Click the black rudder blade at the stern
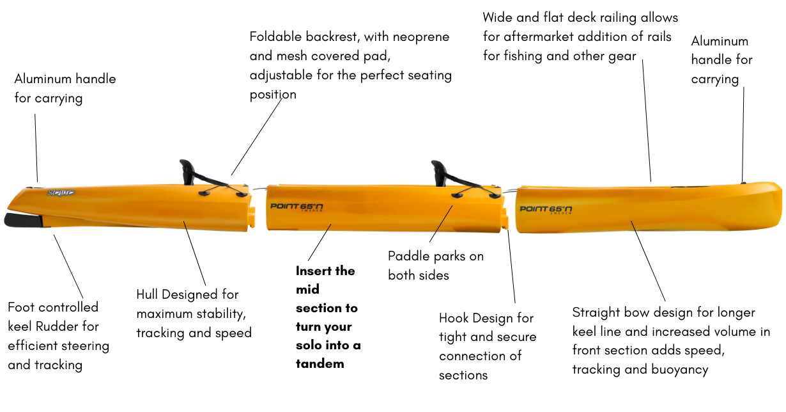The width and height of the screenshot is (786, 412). point(22,220)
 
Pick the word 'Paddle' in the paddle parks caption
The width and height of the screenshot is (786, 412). point(408,256)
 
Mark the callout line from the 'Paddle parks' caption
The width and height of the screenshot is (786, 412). point(442,224)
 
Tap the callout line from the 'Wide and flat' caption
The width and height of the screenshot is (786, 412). point(647,122)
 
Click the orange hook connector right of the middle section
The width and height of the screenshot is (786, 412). point(504,218)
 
